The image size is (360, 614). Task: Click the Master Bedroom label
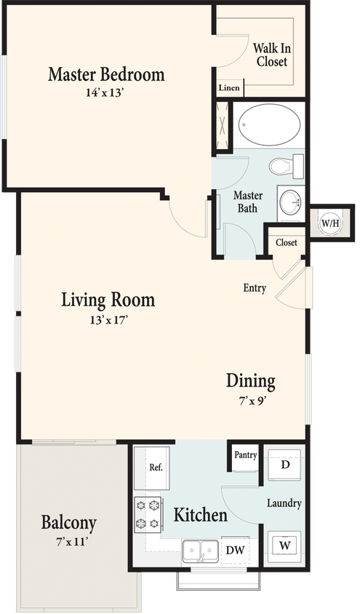tap(106, 74)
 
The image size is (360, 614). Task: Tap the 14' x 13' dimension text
tap(106, 92)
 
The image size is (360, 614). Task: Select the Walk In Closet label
tap(271, 55)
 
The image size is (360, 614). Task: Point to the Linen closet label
tap(230, 88)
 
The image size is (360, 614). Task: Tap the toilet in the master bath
tap(284, 167)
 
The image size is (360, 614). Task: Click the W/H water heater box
tap(329, 223)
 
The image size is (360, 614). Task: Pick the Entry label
tap(255, 288)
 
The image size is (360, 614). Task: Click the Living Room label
tap(108, 300)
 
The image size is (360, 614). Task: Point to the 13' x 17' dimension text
tap(108, 319)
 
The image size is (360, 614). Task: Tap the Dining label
tap(251, 380)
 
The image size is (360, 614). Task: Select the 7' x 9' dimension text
tap(251, 399)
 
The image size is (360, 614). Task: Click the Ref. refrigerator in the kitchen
tap(154, 468)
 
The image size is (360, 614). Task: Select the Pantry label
tap(245, 455)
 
